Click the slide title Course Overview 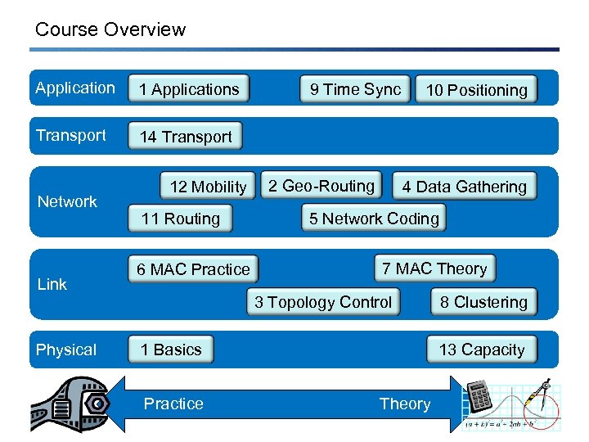(110, 30)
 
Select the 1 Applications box (189, 89)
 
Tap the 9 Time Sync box (355, 89)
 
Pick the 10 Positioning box (477, 90)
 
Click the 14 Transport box (186, 137)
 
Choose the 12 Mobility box (208, 187)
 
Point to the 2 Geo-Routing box (321, 186)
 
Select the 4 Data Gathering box (464, 187)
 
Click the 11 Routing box (181, 219)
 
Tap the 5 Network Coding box (374, 219)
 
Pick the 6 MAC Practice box (193, 269)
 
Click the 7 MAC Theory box (434, 268)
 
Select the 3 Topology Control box (323, 302)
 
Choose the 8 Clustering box (483, 302)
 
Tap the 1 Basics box (171, 350)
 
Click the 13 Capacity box (482, 350)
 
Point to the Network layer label (67, 201)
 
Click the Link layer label (52, 284)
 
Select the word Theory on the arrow (404, 404)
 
